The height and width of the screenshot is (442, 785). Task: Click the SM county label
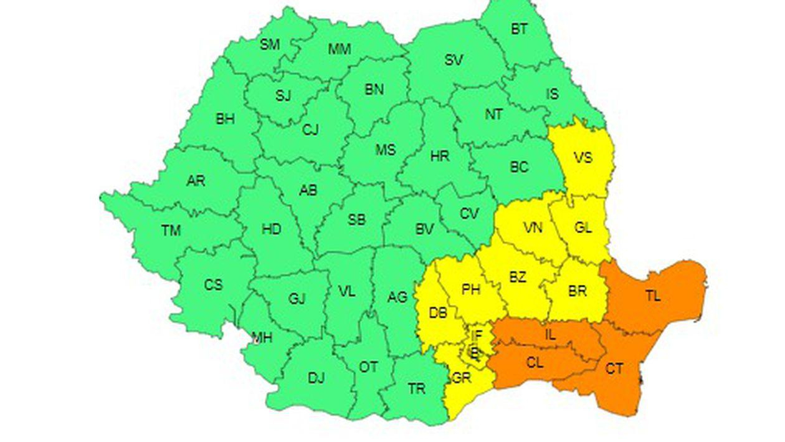[x=270, y=44]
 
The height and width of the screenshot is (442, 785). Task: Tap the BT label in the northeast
[x=519, y=29]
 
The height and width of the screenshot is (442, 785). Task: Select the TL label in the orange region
[x=652, y=296]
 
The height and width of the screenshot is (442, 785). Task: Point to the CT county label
[x=614, y=369]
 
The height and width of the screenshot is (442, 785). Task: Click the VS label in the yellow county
[x=583, y=158]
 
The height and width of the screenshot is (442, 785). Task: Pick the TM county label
[x=171, y=231]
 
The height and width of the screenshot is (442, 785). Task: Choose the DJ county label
[x=316, y=378]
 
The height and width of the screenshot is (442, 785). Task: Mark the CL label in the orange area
[x=535, y=363]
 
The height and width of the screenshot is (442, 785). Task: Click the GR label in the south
[x=462, y=378]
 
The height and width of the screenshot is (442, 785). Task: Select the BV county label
[x=424, y=229]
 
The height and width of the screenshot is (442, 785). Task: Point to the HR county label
[x=440, y=156]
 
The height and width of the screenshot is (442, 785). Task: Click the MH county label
[x=262, y=338]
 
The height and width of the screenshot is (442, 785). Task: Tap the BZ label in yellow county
[x=517, y=278]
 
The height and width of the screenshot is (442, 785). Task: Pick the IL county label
[x=549, y=335]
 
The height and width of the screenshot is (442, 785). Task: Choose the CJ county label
[x=310, y=130]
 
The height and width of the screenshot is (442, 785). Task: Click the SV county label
[x=454, y=60]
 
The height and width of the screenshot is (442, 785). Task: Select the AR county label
[x=196, y=181]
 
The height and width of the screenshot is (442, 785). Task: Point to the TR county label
[x=416, y=389]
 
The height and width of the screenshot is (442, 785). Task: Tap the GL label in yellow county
[x=583, y=228]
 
